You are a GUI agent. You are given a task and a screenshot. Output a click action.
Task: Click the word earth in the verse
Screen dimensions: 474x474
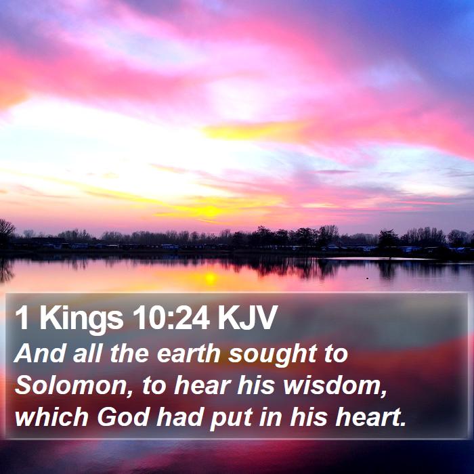188,353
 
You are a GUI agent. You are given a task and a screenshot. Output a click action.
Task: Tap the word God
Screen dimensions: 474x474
124,416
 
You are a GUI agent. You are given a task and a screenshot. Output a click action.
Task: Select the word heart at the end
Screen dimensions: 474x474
371,416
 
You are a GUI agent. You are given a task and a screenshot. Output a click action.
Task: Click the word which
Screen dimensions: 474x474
51,416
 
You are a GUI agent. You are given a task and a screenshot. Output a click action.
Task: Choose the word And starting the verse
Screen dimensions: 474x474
39,353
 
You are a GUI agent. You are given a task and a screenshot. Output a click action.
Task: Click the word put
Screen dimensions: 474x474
232,418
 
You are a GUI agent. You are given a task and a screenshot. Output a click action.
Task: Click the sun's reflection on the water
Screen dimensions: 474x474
211,278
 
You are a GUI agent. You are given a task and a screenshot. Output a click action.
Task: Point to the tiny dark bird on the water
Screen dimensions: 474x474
367,278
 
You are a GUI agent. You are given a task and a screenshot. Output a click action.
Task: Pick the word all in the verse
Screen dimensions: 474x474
87,353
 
